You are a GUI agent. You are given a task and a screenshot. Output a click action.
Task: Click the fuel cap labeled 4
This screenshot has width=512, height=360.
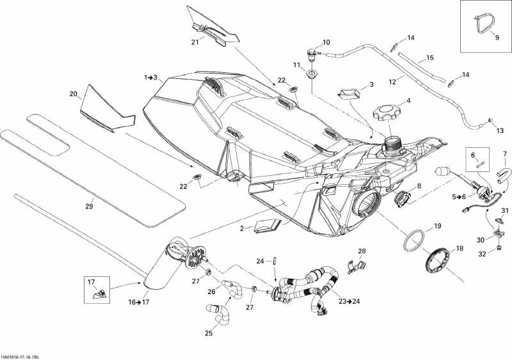click(x=387, y=112)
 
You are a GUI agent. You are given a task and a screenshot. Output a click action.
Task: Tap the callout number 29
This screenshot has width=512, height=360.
click(x=89, y=207)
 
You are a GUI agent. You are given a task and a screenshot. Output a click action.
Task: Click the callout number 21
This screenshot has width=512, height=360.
click(x=195, y=42)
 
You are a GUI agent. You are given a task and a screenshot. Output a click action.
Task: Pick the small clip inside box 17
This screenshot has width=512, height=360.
click(x=101, y=293)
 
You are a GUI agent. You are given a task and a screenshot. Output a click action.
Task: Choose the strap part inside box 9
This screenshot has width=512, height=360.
click(x=483, y=24)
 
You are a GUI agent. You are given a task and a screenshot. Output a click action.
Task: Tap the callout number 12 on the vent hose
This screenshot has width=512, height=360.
click(x=392, y=82)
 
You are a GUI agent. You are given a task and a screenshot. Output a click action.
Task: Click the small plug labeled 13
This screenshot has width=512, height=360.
click(x=490, y=120)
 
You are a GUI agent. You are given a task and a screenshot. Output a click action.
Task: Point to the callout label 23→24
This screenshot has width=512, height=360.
click(x=349, y=301)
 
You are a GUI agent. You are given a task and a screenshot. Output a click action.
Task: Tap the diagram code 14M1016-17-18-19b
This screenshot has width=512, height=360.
click(x=22, y=357)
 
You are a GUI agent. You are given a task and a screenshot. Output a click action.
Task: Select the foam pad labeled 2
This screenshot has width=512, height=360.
click(x=268, y=226)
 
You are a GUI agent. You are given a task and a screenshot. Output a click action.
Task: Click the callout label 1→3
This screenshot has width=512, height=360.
click(x=151, y=77)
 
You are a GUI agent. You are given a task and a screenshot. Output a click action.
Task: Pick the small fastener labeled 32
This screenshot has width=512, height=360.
click(x=499, y=247)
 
